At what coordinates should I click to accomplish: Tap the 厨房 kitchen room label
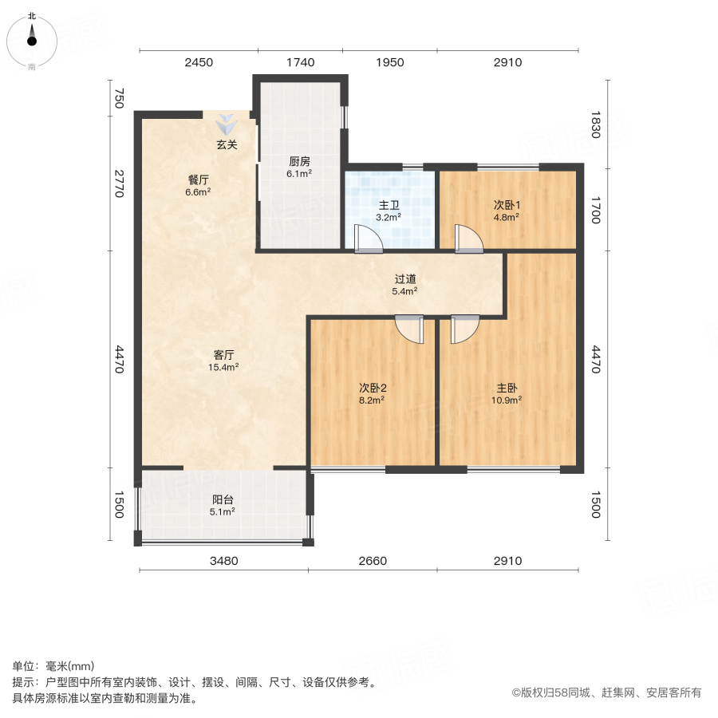[300, 160]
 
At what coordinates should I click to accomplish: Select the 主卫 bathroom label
[389, 203]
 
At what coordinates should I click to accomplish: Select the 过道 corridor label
[405, 280]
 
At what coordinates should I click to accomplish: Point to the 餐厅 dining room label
[198, 179]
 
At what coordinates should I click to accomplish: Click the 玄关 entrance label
[227, 145]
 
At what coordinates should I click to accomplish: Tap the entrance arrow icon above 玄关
[227, 125]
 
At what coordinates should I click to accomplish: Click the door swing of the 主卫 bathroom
[368, 239]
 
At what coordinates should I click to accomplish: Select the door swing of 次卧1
[468, 239]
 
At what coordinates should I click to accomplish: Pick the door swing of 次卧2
[410, 329]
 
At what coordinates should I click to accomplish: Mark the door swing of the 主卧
[464, 329]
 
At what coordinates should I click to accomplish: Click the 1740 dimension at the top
[300, 63]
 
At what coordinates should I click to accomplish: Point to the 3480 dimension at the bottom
[224, 561]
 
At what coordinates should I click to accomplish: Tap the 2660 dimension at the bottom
[373, 561]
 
